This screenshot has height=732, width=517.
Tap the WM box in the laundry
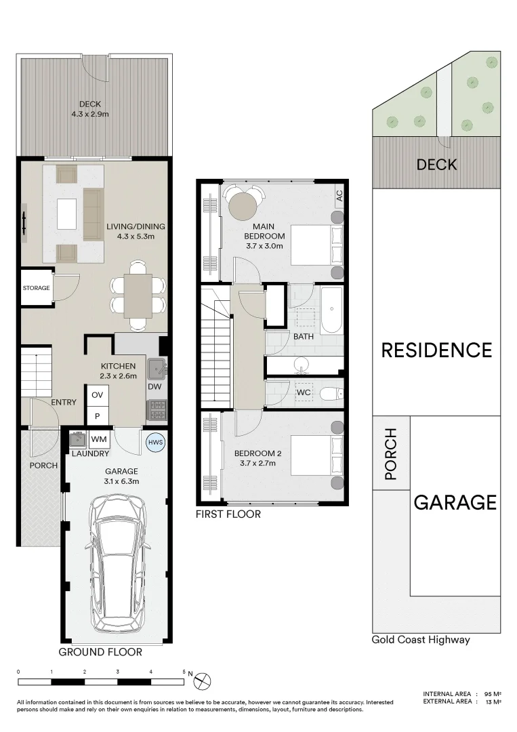coord(99,439)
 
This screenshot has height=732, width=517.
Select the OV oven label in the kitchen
coord(97,394)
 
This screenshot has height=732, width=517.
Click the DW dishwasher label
coord(154,386)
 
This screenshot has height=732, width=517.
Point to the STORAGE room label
coord(36,288)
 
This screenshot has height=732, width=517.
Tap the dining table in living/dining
coord(138,296)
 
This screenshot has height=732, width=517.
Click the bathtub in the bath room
coord(331,310)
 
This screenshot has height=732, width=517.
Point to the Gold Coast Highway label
coord(421,640)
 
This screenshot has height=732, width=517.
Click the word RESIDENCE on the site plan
coord(436,350)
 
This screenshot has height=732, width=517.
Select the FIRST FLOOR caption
coord(228,514)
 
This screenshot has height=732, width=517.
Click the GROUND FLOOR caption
coord(100,652)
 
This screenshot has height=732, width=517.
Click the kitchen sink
coord(157,368)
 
